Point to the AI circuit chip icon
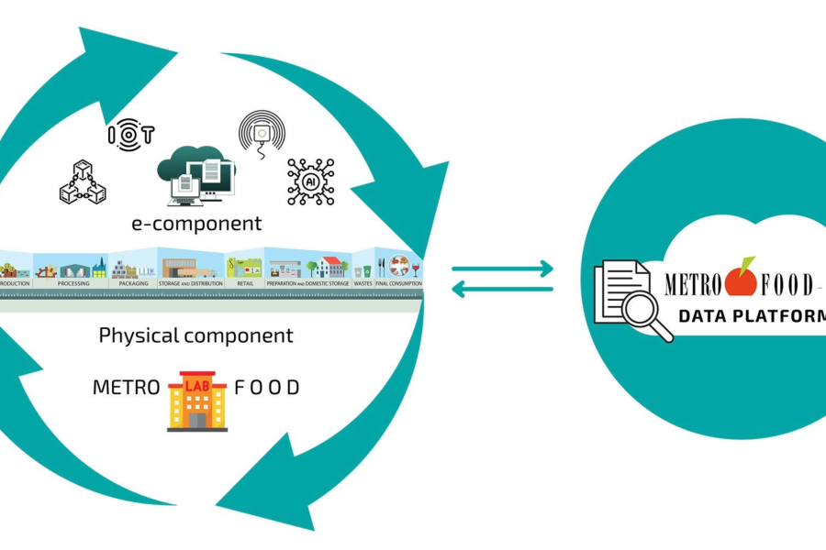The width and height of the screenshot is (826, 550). [x=310, y=181]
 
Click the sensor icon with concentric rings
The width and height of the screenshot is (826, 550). [x=262, y=135]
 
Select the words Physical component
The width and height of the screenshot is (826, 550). [x=195, y=335]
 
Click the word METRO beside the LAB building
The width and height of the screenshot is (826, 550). [x=125, y=388]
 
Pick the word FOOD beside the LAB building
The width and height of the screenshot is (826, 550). [x=267, y=388]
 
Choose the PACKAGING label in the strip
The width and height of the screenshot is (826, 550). [x=133, y=284]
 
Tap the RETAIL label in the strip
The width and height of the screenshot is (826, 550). [x=244, y=284]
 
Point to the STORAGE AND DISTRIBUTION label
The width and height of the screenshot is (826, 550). [x=191, y=284]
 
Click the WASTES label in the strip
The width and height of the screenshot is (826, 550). [x=363, y=284]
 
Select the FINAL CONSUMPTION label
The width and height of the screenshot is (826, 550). [x=399, y=284]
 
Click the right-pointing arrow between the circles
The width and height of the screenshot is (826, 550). [x=503, y=269]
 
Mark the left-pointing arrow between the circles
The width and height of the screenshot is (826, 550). [x=503, y=290]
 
